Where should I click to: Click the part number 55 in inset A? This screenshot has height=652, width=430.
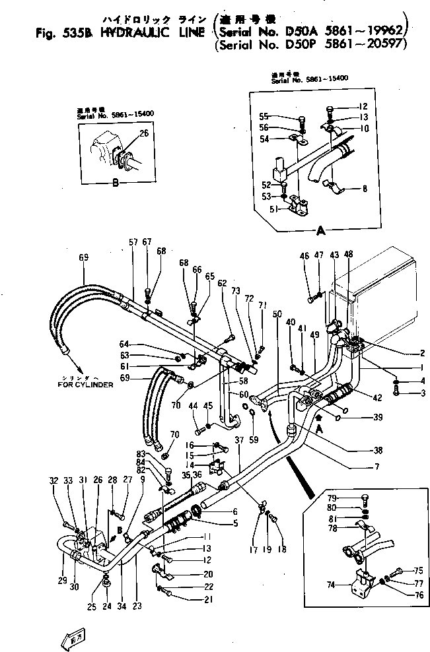(x=264, y=117)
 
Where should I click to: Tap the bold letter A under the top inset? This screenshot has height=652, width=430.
(x=321, y=230)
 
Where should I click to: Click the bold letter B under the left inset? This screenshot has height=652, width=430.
(x=115, y=183)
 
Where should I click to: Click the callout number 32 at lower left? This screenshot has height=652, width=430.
(x=53, y=480)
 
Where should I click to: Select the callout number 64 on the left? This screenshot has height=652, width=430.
(x=124, y=343)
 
